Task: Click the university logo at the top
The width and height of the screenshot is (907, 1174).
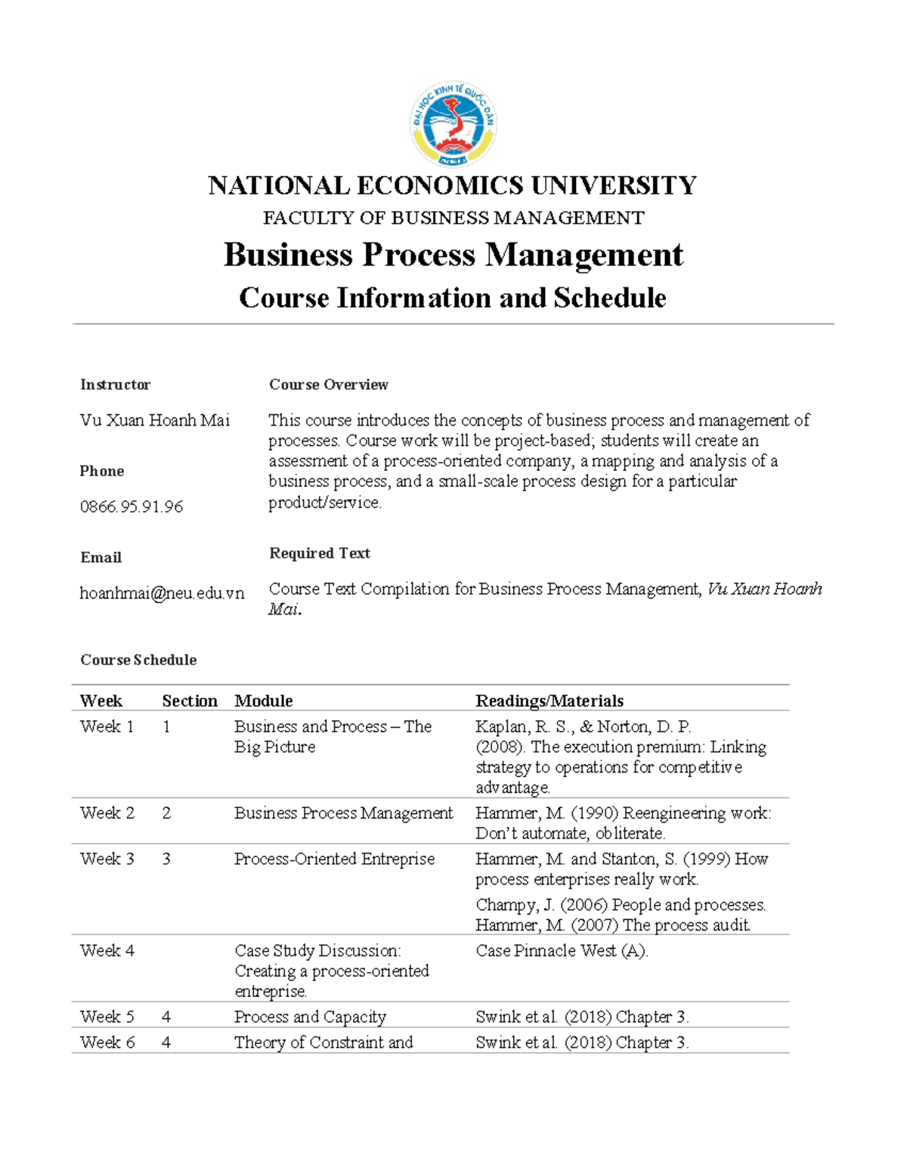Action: [x=453, y=125]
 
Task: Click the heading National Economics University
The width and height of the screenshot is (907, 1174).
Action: [x=453, y=185]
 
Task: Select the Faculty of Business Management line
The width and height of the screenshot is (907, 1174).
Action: [x=453, y=218]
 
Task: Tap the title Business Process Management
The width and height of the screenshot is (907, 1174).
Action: [x=453, y=255]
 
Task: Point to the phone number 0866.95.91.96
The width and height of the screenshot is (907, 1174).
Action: [x=132, y=506]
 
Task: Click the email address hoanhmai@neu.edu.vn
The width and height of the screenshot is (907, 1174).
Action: [x=162, y=593]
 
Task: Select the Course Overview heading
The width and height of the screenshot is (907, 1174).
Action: [x=328, y=385]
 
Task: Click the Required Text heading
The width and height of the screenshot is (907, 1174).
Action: [x=319, y=553]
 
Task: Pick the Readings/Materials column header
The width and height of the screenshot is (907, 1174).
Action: [x=549, y=701]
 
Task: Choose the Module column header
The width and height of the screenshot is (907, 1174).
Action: [x=263, y=701]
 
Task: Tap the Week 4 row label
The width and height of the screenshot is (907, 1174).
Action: [x=107, y=950]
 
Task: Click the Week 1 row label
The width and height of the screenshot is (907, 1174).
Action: [x=107, y=726]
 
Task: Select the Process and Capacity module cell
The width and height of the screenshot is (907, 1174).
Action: [x=310, y=1017]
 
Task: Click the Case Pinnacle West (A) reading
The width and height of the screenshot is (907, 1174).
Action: [x=562, y=950]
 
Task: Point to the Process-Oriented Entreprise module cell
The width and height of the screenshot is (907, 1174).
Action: [x=334, y=859]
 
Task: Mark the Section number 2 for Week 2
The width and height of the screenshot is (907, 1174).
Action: [x=166, y=813]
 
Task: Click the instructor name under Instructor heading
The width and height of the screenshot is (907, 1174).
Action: [x=155, y=420]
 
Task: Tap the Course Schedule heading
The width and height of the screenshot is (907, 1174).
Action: [x=138, y=660]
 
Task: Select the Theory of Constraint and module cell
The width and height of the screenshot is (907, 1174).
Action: [x=323, y=1042]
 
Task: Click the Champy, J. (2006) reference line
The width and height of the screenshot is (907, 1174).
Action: [x=621, y=905]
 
